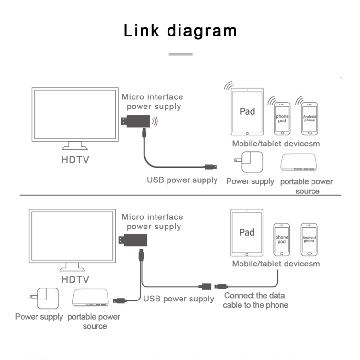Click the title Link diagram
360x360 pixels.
[x=180, y=30]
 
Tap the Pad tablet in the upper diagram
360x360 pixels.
[x=247, y=112]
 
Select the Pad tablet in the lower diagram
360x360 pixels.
[x=247, y=233]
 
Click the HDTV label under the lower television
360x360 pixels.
[x=75, y=279]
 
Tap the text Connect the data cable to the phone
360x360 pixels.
[x=255, y=300]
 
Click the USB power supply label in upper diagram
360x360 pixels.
[x=182, y=180]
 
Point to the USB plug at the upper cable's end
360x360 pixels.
[x=209, y=167]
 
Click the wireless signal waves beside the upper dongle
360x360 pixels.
[x=155, y=121]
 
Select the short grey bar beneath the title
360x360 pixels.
[x=180, y=54]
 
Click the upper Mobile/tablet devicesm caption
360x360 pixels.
[x=276, y=144]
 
